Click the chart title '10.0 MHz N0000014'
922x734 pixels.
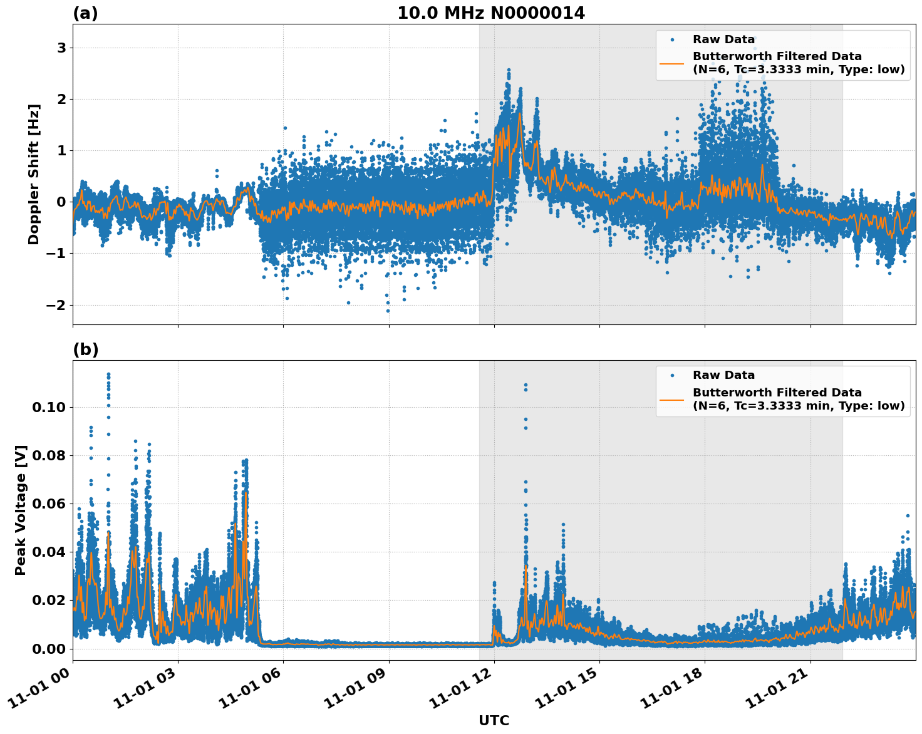[x=491, y=13]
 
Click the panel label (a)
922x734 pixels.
[x=85, y=13]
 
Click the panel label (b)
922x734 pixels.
[x=85, y=349]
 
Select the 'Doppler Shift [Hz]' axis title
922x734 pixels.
[x=34, y=174]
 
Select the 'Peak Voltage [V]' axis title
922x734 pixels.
[x=21, y=510]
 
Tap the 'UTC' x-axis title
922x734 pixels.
[x=494, y=720]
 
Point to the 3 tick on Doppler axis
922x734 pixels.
[x=61, y=48]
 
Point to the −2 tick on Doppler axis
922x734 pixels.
[x=56, y=305]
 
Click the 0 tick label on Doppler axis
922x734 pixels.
[x=61, y=202]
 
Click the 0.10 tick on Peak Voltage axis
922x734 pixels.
[x=48, y=407]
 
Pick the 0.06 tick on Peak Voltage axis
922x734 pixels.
[x=48, y=504]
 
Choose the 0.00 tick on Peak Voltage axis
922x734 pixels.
[x=48, y=648]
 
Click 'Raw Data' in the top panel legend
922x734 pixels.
[x=723, y=39]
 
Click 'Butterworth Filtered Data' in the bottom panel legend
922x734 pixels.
[x=777, y=393]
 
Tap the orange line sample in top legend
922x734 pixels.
[x=671, y=63]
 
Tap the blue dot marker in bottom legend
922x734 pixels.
[x=671, y=375]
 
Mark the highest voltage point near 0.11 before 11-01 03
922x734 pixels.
[x=108, y=375]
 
